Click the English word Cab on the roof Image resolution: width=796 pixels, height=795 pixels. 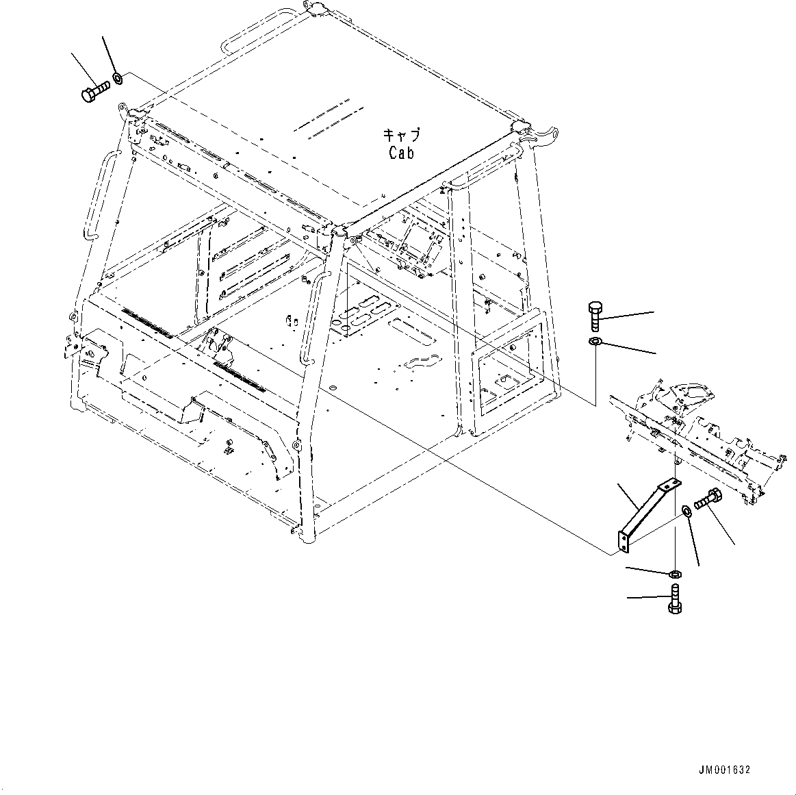point(401,153)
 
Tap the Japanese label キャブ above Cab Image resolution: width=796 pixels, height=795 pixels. point(402,134)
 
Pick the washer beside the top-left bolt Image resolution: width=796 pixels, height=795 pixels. point(118,77)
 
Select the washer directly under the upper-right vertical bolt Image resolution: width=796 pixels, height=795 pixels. point(595,342)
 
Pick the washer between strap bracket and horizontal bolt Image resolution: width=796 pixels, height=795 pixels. point(686,510)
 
